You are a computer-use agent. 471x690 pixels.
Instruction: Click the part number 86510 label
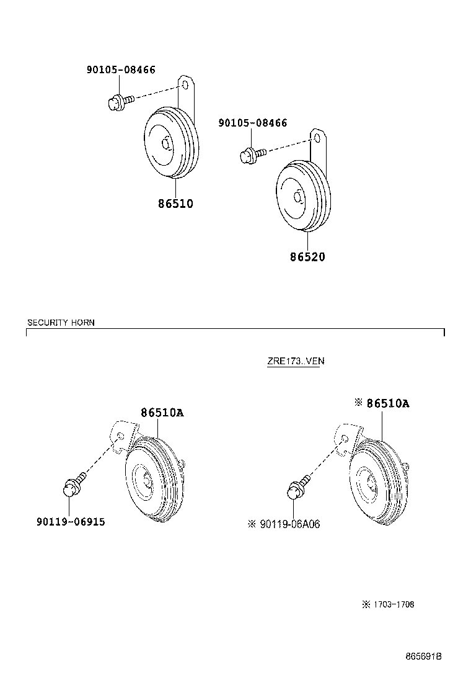click(x=176, y=204)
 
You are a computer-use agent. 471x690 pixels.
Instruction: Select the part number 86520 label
click(x=307, y=257)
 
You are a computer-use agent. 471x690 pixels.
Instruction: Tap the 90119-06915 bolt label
click(x=71, y=522)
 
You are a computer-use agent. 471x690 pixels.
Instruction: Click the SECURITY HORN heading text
click(x=61, y=323)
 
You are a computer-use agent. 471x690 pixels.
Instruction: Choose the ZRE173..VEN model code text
click(x=296, y=361)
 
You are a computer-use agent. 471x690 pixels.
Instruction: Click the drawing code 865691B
click(x=423, y=656)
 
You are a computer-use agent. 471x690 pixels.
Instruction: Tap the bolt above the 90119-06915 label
click(x=74, y=485)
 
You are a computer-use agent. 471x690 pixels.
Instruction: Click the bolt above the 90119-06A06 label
click(x=298, y=487)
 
